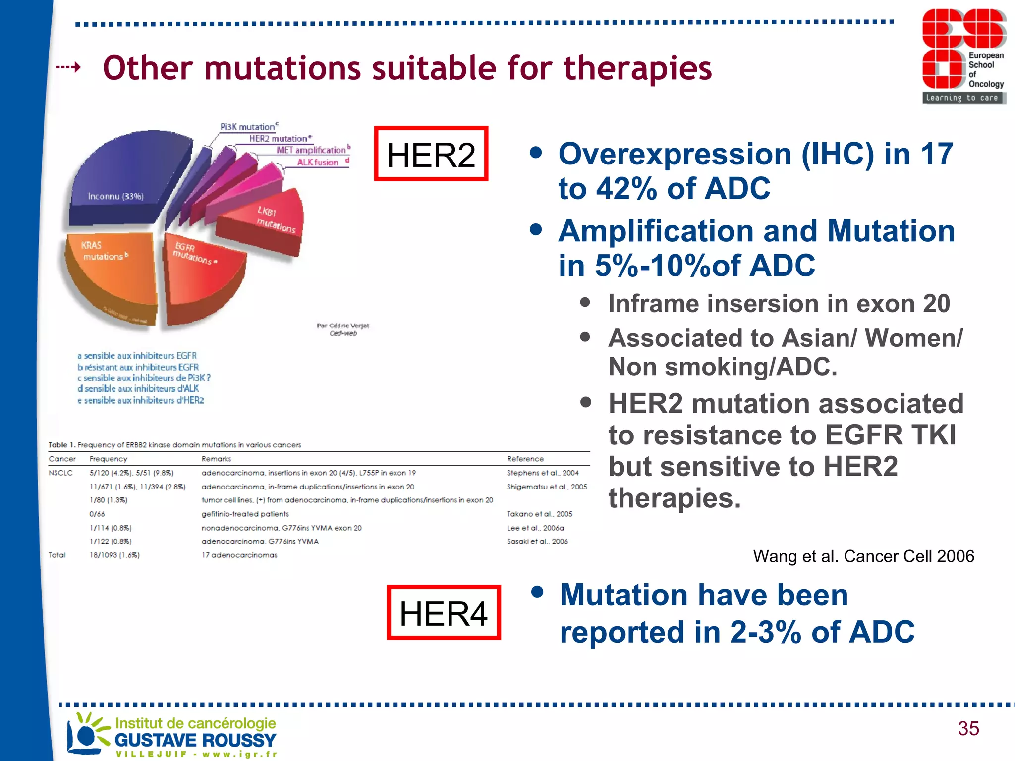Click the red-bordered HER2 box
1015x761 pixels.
coord(431,154)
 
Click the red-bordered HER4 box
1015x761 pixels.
coord(444,613)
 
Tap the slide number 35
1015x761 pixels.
coord(968,728)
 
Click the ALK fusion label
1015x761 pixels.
coord(318,163)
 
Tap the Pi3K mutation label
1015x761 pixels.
coord(247,127)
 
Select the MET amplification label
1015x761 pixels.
coord(311,150)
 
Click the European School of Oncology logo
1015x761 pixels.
coord(963,56)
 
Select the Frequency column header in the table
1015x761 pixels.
coord(108,459)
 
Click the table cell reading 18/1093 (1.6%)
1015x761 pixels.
coord(114,555)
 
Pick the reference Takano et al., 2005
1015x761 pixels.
coord(539,514)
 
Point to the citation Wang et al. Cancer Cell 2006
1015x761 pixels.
coord(863,556)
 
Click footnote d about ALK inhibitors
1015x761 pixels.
coord(138,389)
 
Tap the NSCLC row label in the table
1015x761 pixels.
coord(60,473)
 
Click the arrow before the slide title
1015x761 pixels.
coord(69,67)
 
